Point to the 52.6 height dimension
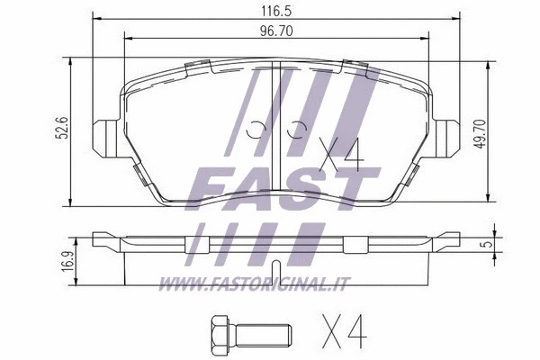57,132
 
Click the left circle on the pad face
256,130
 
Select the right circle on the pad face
293,131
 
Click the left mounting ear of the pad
105,135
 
